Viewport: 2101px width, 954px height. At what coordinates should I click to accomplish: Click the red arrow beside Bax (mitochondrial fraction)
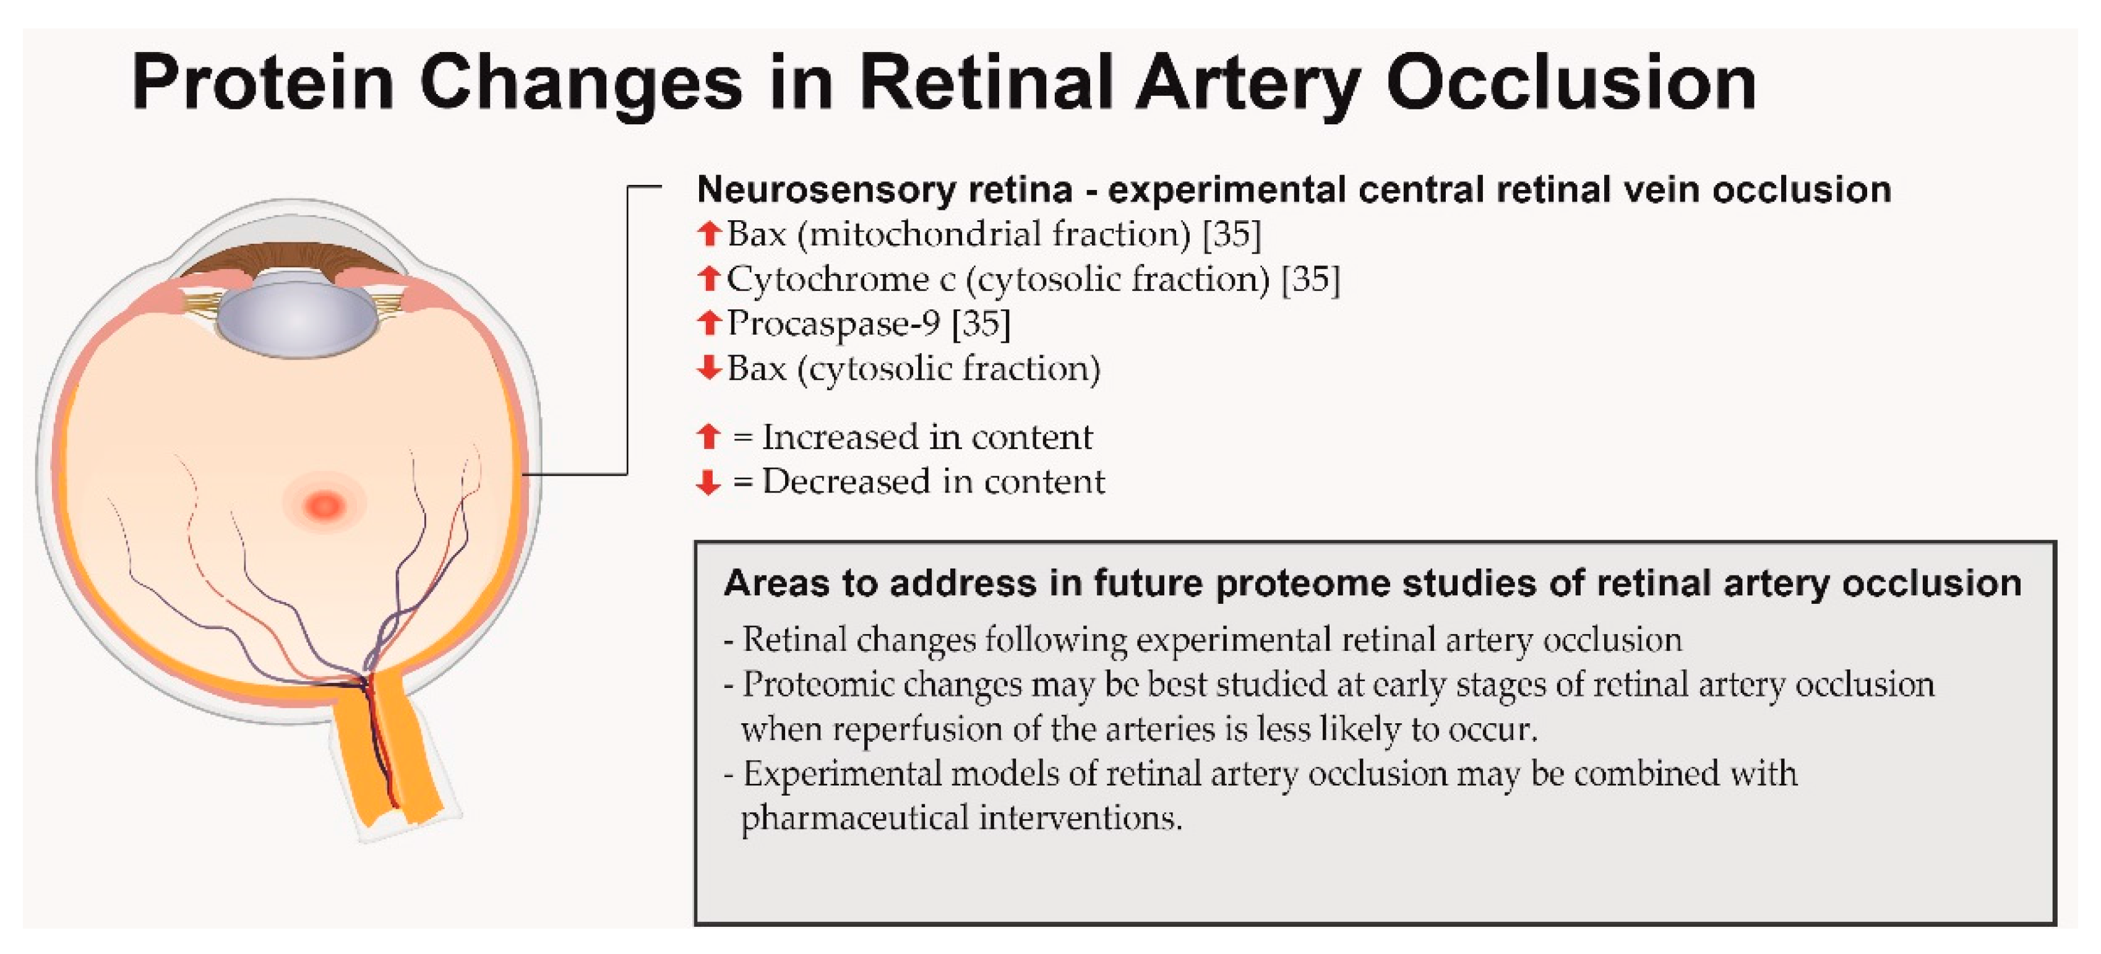point(709,234)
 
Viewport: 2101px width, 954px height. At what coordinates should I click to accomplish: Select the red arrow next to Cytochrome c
point(709,279)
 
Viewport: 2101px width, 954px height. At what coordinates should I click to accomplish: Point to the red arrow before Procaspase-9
point(709,323)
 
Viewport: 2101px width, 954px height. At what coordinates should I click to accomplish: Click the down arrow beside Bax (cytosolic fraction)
point(709,367)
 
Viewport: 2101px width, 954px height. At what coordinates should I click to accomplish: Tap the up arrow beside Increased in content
point(709,437)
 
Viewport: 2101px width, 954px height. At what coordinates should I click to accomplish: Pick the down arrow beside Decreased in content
point(709,482)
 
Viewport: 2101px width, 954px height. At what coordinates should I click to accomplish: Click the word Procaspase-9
point(833,323)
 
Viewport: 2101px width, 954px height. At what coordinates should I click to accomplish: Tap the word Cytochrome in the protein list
point(827,279)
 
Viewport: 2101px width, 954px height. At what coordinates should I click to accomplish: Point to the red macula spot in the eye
point(325,505)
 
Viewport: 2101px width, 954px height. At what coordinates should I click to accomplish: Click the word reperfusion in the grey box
point(917,728)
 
